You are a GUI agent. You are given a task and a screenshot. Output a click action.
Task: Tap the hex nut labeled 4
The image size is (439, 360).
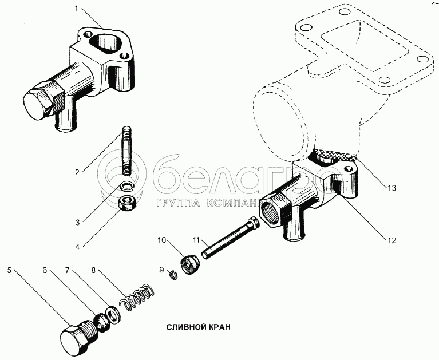coord(126,203)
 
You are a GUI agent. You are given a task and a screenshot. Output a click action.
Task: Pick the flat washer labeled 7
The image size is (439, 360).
coord(112,312)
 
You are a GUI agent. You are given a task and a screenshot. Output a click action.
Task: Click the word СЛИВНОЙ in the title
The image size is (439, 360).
coord(184,327)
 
